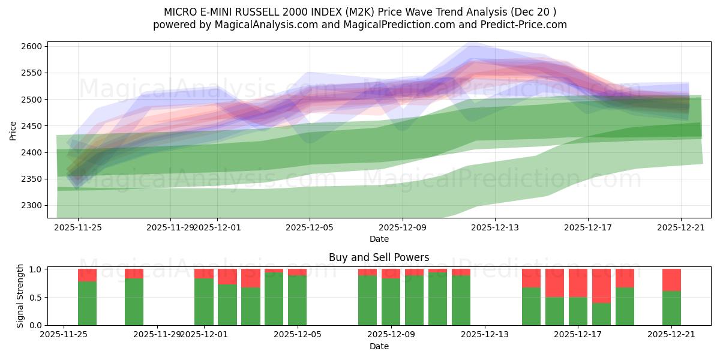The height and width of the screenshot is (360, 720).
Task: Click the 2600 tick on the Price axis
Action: pos(33,46)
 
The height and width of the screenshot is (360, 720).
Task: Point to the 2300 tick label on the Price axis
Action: pos(33,205)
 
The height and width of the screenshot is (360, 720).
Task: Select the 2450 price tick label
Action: pos(33,126)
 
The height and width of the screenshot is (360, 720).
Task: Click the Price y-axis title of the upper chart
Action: pos(13,130)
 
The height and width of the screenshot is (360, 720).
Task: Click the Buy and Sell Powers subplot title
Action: pos(379,257)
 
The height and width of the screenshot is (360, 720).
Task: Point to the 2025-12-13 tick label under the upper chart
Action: pos(495,227)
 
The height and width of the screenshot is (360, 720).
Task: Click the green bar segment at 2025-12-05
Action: pos(297,300)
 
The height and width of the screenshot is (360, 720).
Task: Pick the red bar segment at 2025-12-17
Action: pos(578,283)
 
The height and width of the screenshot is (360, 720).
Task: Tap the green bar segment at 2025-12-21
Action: pos(671,308)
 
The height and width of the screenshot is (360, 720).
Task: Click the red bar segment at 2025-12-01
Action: pos(204,274)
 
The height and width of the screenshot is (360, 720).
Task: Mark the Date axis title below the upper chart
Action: pos(379,239)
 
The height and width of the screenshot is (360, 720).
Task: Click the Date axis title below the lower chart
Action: pos(379,346)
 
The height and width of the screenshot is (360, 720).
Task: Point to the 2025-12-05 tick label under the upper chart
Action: pos(310,227)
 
